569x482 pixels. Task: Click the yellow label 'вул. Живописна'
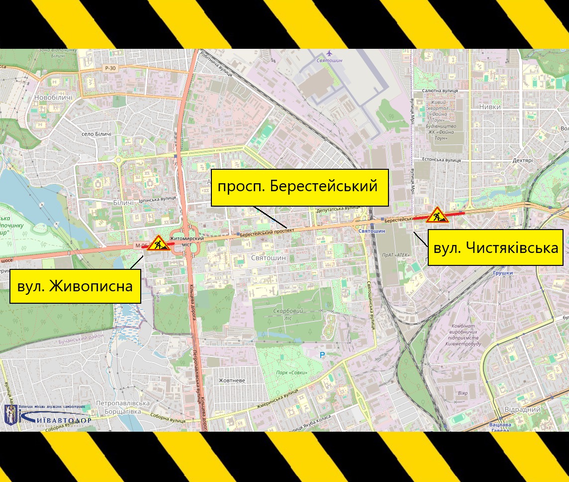75,286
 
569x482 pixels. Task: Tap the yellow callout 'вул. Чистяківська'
495,247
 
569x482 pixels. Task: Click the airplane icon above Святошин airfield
329,53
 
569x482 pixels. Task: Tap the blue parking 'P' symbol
322,355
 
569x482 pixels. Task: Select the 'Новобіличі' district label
53,98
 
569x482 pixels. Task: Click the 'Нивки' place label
490,107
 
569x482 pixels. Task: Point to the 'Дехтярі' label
522,161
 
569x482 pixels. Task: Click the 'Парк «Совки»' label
291,372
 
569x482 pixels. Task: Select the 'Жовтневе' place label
232,380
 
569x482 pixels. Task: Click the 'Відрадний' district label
522,410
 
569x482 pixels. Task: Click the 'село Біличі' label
96,134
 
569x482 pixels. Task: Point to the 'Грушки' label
503,273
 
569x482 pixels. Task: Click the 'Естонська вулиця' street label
441,160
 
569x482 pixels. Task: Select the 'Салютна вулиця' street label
440,91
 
